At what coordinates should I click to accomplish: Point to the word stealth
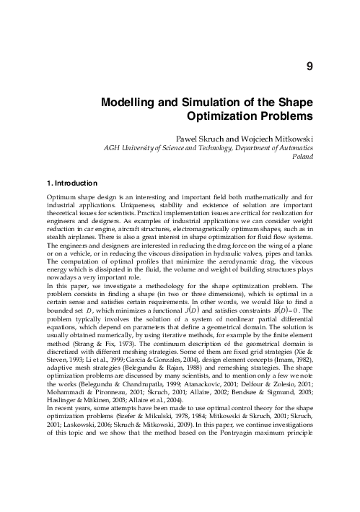(x=58, y=231)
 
